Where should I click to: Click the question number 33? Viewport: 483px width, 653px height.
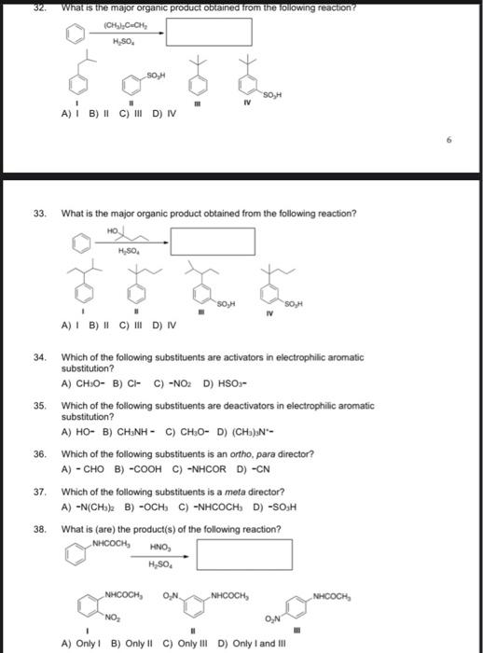tap(40, 214)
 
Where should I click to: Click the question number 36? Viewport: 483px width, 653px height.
tap(40, 454)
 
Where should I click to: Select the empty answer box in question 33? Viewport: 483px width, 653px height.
tap(212, 242)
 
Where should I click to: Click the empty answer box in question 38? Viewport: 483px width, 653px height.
tap(238, 556)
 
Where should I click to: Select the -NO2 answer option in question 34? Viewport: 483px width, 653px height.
tap(180, 383)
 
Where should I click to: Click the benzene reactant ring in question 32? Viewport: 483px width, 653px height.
tap(75, 33)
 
